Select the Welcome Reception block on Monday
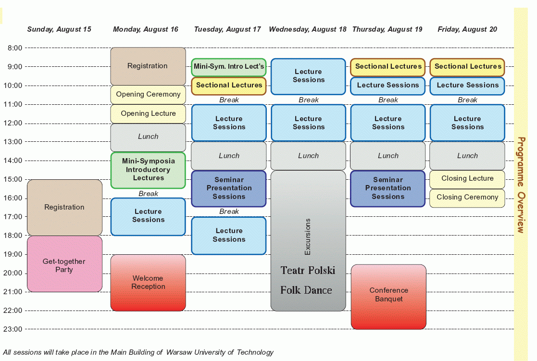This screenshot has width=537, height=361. click(148, 282)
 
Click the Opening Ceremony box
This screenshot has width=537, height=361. click(148, 94)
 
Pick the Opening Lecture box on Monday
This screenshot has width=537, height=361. click(148, 113)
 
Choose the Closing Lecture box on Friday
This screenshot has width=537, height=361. click(467, 179)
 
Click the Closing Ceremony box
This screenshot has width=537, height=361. click(467, 198)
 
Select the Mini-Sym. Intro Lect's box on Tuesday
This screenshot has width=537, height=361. click(229, 67)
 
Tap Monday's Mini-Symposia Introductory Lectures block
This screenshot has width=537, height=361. click(148, 170)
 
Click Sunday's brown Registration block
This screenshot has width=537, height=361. click(64, 207)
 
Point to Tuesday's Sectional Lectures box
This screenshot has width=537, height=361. click(229, 86)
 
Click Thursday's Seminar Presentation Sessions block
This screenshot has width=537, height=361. click(388, 188)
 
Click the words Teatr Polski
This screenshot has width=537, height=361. click(308, 270)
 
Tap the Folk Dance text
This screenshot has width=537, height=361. click(306, 290)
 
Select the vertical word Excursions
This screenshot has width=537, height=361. click(308, 237)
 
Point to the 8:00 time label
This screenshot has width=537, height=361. click(15, 48)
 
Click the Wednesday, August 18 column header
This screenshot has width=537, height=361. click(308, 29)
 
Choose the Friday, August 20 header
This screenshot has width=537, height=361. click(467, 29)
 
